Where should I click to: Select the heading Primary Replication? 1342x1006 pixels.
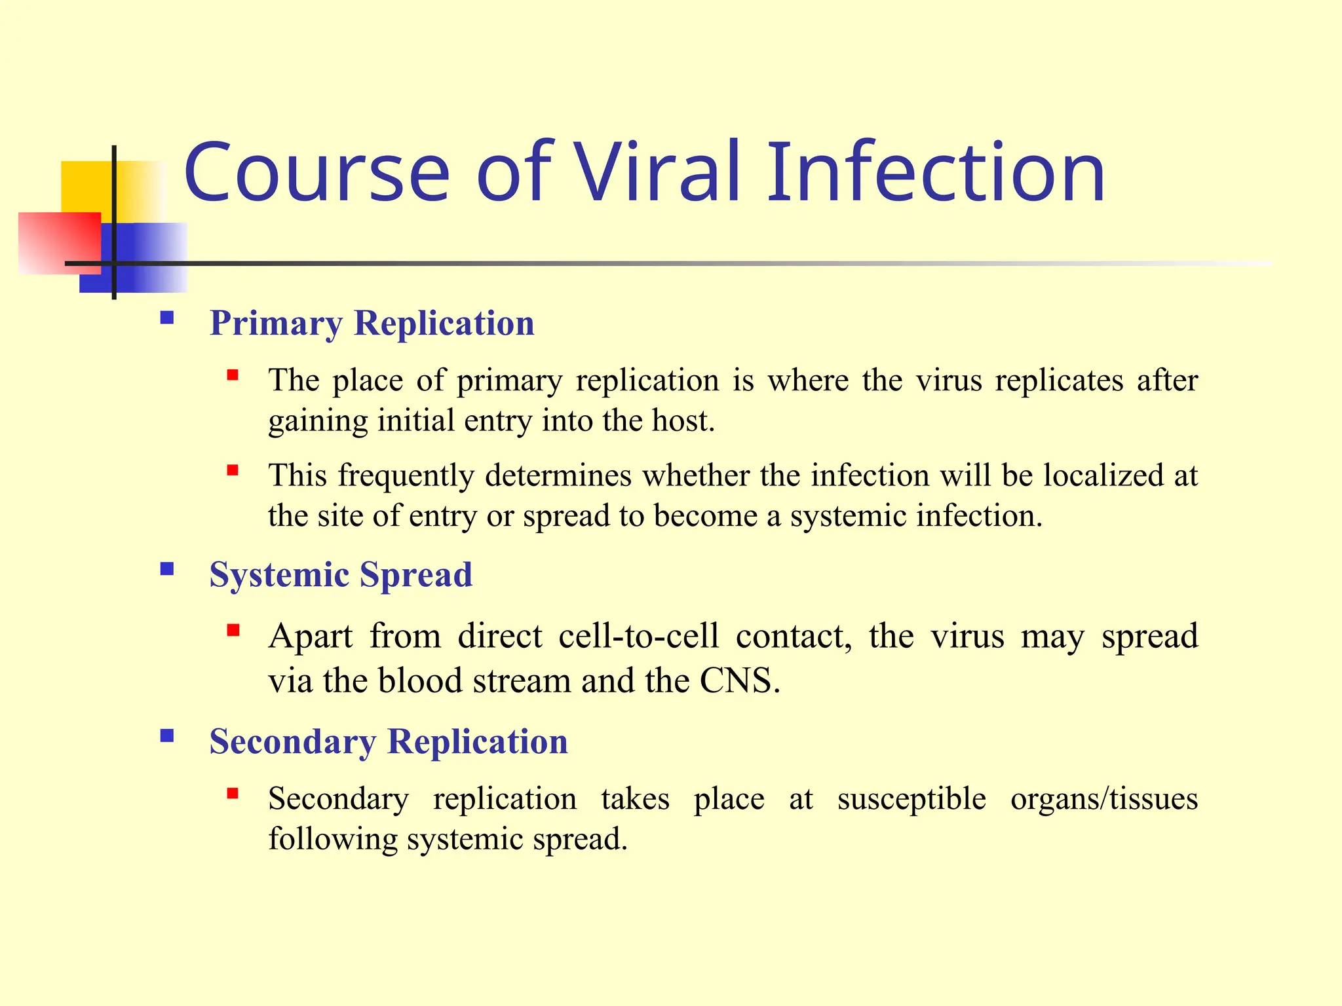372,323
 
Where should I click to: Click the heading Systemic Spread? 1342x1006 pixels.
341,574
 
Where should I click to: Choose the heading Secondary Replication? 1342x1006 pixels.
389,741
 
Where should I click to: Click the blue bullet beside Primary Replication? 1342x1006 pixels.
167,318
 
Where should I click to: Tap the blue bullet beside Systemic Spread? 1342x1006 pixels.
167,568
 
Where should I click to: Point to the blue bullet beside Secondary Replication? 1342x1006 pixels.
167,736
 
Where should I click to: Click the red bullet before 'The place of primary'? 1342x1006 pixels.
233,375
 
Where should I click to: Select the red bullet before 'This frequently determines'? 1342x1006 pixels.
233,470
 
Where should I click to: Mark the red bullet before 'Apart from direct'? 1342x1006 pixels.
233,631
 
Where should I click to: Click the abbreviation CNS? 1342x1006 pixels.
739,681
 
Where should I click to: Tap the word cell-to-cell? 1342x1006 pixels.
639,636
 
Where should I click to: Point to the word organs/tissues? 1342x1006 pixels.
1103,799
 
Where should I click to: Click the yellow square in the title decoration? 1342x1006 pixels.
85,187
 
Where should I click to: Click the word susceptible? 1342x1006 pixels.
911,799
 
